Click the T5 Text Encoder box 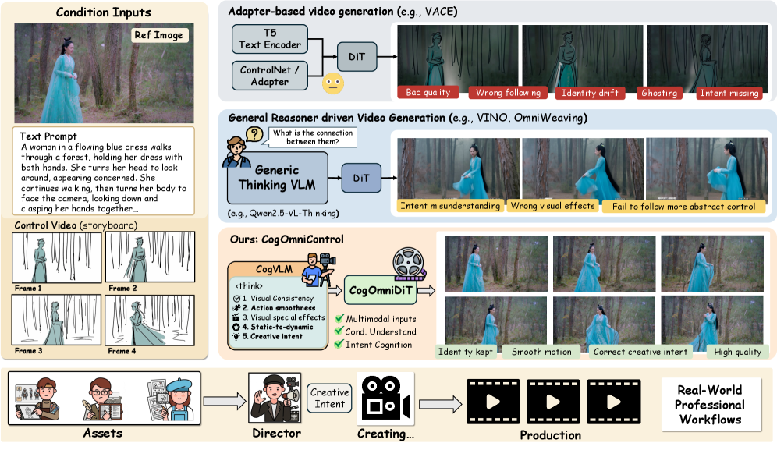click(270, 39)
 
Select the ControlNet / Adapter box click(270, 76)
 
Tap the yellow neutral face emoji click(333, 83)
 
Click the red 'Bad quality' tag click(428, 92)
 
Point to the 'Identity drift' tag click(590, 93)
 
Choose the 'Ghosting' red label click(659, 93)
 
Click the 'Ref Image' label click(159, 35)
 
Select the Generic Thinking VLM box click(278, 178)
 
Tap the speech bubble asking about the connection click(313, 137)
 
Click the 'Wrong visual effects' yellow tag click(552, 206)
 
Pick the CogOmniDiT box click(381, 290)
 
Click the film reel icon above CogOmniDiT click(409, 263)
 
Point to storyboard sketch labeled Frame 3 click(56, 320)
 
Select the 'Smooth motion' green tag click(541, 352)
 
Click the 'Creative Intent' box click(329, 398)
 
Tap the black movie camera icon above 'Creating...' click(385, 399)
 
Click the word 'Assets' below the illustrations click(102, 433)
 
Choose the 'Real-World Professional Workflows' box click(711, 405)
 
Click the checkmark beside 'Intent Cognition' click(339, 344)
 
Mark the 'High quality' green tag click(737, 352)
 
